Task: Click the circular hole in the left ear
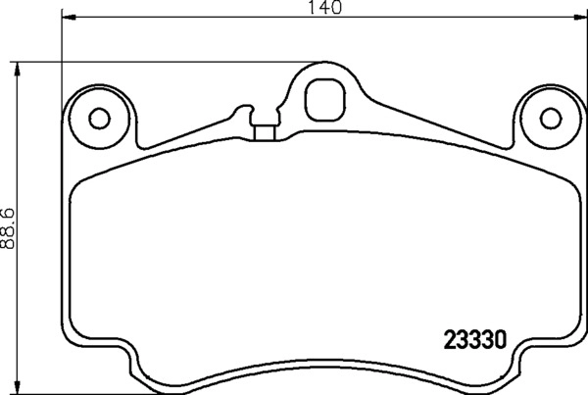tap(98, 118)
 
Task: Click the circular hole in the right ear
tap(547, 118)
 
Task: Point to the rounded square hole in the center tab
tap(322, 97)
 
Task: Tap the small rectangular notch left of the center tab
tap(262, 129)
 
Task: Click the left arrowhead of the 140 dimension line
tap(67, 18)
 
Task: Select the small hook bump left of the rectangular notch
tap(241, 110)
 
